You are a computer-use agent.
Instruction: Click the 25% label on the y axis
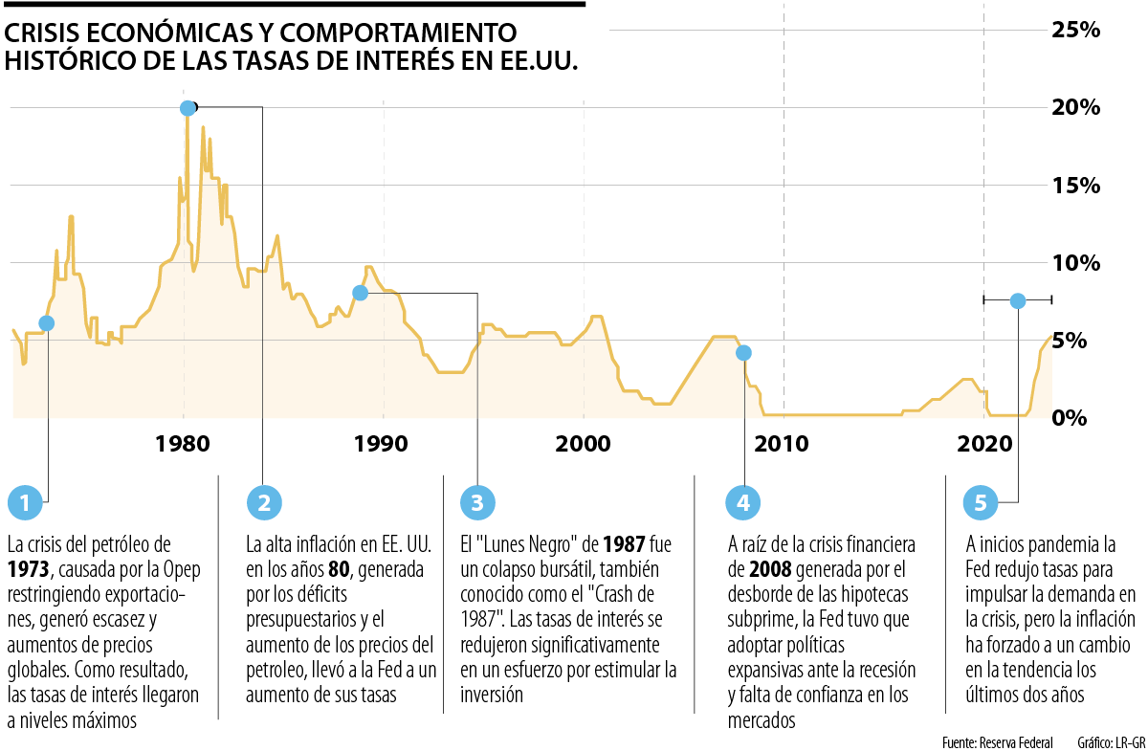pyautogui.click(x=1076, y=30)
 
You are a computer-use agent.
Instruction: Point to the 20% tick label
pyautogui.click(x=1076, y=107)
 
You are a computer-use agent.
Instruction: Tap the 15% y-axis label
pyautogui.click(x=1076, y=185)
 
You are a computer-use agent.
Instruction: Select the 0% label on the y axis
pyautogui.click(x=1084, y=418)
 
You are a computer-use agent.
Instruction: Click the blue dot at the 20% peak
pyautogui.click(x=188, y=107)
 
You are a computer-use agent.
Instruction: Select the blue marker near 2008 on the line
pyautogui.click(x=743, y=353)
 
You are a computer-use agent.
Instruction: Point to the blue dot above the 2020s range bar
pyautogui.click(x=1017, y=300)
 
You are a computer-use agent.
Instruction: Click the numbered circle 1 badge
pyautogui.click(x=25, y=501)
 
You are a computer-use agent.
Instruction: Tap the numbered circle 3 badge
pyautogui.click(x=477, y=501)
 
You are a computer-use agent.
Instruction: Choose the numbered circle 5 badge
pyautogui.click(x=981, y=501)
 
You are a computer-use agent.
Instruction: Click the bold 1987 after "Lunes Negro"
pyautogui.click(x=625, y=545)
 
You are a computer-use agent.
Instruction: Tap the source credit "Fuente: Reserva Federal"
pyautogui.click(x=996, y=741)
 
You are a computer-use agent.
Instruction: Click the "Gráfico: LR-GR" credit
pyautogui.click(x=1110, y=741)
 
